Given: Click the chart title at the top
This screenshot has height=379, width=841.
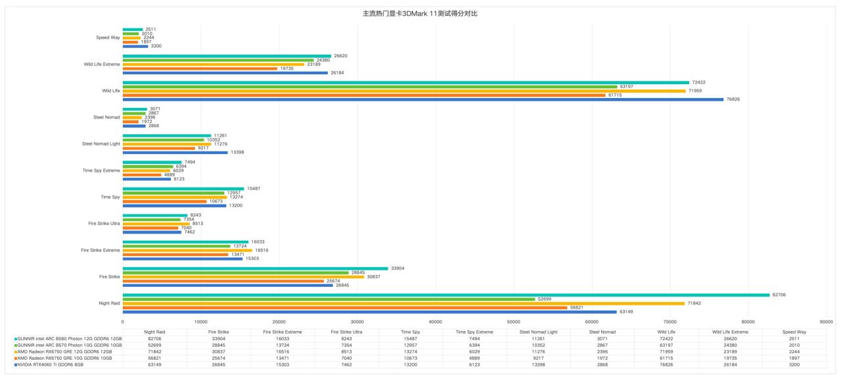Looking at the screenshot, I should coord(420,13).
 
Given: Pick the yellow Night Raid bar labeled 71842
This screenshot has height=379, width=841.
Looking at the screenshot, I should coord(403,303).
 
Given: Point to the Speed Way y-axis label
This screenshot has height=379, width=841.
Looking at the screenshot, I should coord(108,38).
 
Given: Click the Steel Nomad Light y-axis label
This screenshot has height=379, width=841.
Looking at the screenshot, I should coord(101,143).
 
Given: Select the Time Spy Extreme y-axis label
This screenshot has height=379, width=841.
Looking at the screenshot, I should coord(101,170).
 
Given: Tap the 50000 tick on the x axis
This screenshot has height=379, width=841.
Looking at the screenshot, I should coord(513,322).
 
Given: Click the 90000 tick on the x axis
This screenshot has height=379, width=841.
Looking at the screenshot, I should coord(826,322).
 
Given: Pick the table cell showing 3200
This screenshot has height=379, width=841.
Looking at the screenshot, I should coord(794,365).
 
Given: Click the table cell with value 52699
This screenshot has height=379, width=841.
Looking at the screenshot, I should coord(154,345).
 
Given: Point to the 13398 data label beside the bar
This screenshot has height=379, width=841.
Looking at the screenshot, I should coord(237,153).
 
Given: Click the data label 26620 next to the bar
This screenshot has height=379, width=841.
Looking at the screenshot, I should coord(340,56).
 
